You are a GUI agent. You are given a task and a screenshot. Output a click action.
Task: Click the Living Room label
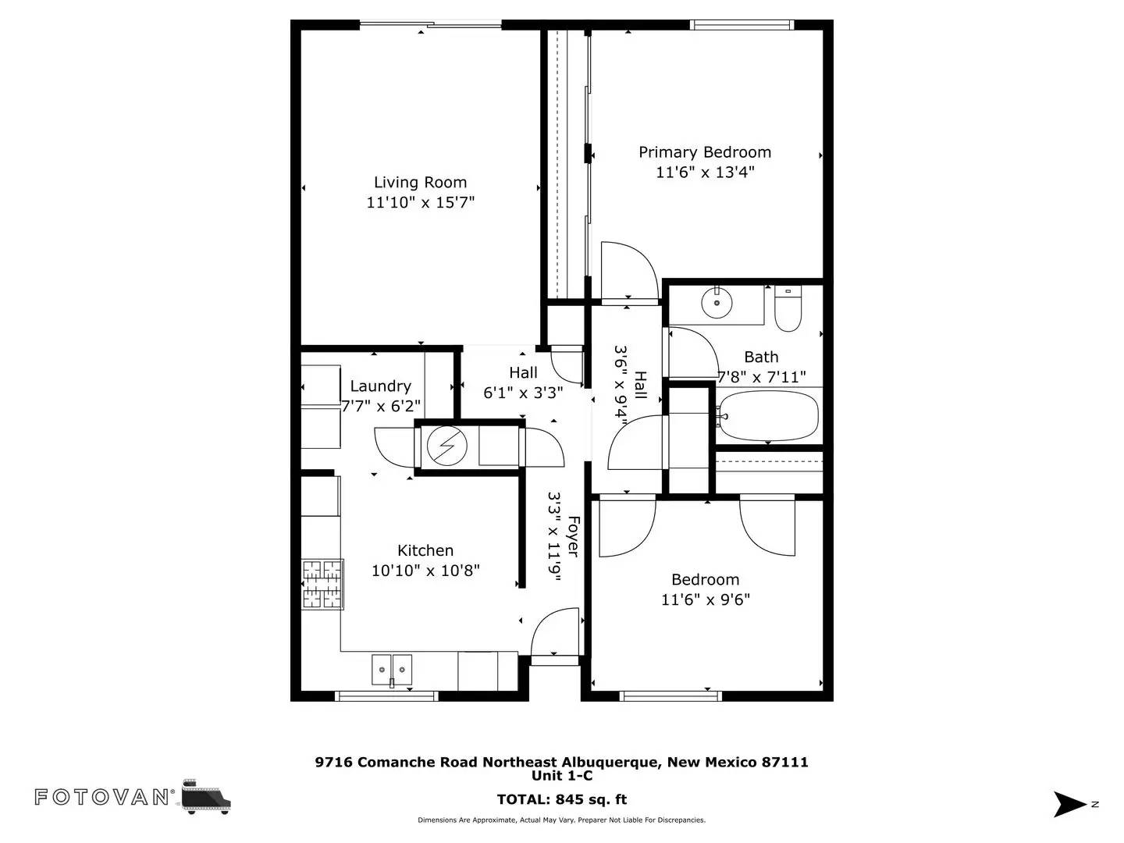click(420, 182)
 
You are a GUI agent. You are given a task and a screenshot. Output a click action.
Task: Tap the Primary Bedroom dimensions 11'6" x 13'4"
click(705, 172)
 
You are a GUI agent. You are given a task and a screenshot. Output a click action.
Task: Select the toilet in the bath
click(788, 308)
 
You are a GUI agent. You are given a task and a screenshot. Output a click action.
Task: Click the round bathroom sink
click(717, 303)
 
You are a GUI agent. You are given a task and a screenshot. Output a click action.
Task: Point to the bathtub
click(769, 415)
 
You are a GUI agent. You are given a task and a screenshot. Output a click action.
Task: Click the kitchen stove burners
click(322, 584)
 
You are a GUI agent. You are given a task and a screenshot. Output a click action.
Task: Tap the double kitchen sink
click(392, 670)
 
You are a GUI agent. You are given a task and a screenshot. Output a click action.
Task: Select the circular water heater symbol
click(447, 445)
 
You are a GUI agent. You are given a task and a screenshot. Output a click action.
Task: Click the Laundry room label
click(380, 386)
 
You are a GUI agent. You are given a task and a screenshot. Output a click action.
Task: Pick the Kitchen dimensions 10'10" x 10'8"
click(425, 570)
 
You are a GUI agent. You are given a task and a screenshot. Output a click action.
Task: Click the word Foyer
click(574, 536)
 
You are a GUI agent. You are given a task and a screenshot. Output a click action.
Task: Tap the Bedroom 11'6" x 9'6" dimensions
click(706, 599)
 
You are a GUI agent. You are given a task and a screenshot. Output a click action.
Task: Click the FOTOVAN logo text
click(101, 797)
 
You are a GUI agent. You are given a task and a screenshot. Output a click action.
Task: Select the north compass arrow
click(1069, 804)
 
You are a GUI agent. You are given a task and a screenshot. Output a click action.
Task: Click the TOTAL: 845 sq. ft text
click(562, 799)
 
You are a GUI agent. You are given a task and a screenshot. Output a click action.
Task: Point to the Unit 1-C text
click(562, 776)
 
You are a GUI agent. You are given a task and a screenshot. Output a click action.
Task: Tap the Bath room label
click(761, 357)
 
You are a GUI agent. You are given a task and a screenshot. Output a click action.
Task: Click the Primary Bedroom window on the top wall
click(742, 24)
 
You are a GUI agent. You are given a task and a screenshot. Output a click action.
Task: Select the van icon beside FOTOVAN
click(207, 797)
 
